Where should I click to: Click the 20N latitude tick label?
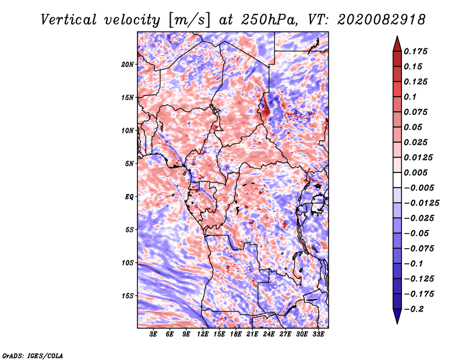point(128,64)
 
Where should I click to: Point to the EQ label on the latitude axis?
point(129,197)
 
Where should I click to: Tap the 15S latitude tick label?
point(128,296)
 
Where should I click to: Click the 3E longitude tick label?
point(154,334)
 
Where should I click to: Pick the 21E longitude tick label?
point(252,334)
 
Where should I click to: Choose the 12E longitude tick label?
point(203,334)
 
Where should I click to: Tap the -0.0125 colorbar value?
point(423,203)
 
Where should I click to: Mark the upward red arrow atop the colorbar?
point(396,43)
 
